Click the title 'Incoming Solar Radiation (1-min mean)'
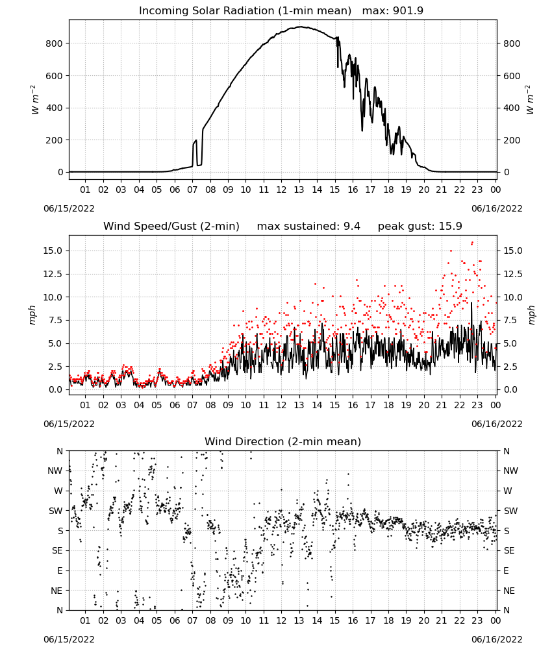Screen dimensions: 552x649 tap(245, 11)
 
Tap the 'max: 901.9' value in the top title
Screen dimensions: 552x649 tap(393, 11)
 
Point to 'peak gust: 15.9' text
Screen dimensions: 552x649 tap(420, 227)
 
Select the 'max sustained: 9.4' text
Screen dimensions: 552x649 tap(308, 227)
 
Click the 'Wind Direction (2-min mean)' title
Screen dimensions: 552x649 tap(283, 441)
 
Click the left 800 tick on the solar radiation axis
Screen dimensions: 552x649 tap(55, 43)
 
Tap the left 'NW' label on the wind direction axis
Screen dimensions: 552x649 tap(55, 471)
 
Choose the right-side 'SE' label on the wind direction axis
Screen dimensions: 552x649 tap(509, 551)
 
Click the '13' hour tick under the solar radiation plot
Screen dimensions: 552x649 tap(299, 190)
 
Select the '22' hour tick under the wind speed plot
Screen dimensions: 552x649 tap(459, 405)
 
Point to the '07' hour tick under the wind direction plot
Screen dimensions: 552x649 tap(192, 621)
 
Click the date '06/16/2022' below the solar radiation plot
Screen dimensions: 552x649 tap(497, 208)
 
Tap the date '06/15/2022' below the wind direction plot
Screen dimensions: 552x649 tap(69, 639)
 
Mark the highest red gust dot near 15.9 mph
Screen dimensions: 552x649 tap(473, 243)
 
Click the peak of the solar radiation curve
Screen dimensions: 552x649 tap(300, 27)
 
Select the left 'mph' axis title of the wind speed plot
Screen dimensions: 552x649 tap(32, 315)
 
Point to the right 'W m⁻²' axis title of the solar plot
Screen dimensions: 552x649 tap(531, 100)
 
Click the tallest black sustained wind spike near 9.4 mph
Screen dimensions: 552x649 tap(471, 303)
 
